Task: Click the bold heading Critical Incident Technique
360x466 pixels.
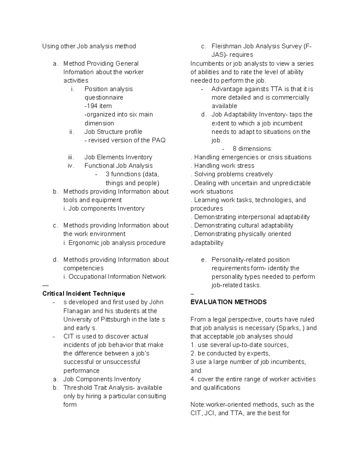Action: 84,293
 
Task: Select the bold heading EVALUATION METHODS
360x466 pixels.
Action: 228,302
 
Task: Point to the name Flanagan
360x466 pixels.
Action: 77,311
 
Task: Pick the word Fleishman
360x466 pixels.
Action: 226,46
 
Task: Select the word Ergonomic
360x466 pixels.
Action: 84,242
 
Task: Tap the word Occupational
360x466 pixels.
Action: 87,276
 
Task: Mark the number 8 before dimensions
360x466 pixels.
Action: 234,149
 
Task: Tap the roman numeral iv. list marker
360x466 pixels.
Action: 71,166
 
